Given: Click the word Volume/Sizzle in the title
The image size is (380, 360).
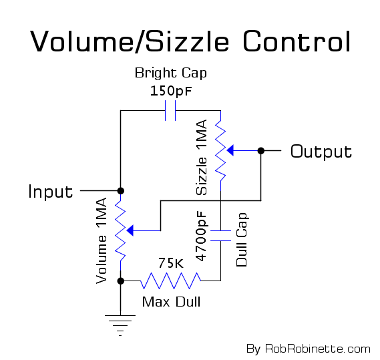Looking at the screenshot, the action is point(130,41).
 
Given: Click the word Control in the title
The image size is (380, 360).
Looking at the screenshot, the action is point(297,41).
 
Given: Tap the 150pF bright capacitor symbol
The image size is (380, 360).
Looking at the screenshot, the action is point(170,111).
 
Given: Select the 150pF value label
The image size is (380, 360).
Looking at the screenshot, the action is point(171,91).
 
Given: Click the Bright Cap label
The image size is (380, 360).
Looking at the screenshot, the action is point(171,73).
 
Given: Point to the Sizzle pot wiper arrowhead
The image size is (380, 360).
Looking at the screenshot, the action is point(230,150).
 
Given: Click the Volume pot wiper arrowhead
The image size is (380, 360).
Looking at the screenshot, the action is point(130,230).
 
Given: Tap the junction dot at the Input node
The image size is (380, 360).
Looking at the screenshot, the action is point(120,191).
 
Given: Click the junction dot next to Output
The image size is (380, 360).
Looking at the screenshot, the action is point(260,150).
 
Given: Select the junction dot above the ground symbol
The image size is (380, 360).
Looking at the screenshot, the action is point(120,281).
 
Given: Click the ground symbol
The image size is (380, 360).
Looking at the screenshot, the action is point(120,325).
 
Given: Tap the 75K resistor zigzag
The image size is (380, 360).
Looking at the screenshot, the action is point(170,281).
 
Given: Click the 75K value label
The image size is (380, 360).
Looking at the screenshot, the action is point(171,263).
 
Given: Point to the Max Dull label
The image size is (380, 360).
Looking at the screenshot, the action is point(171,302).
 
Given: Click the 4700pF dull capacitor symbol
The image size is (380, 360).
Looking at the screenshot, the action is point(220,236).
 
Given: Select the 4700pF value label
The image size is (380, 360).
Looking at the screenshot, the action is point(201,236).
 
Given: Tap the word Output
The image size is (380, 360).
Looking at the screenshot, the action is point(321,152).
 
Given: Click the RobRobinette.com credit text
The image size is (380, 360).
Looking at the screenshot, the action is point(318,349).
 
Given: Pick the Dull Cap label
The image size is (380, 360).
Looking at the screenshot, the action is point(242,240).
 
